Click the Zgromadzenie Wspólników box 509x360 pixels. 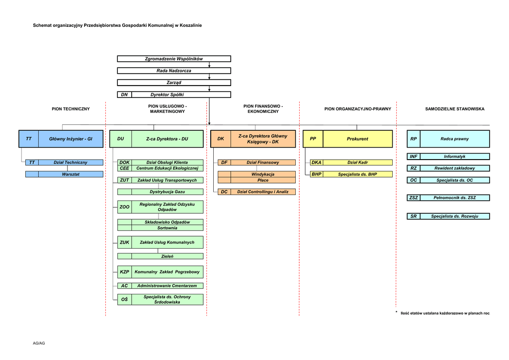[x=173, y=59]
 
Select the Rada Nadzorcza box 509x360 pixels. [x=173, y=71]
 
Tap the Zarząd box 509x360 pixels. [x=173, y=83]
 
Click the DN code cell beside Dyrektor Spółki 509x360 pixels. [x=124, y=94]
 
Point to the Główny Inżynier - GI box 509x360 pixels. [x=71, y=139]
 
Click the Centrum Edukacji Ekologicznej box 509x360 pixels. [x=167, y=169]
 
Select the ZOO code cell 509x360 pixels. [x=124, y=207]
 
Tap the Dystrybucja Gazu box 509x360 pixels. [x=167, y=192]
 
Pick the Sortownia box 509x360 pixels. [x=167, y=228]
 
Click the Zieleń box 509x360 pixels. [x=167, y=257]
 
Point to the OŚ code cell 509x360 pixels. [x=124, y=299]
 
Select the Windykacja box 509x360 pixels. [x=262, y=175]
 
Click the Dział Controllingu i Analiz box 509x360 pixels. [x=263, y=192]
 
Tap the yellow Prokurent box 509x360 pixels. [x=357, y=139]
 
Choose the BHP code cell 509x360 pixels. [x=316, y=175]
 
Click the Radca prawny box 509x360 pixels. [x=454, y=139]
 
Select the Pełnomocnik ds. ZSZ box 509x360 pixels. [x=454, y=198]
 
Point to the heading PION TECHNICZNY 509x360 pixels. [x=71, y=109]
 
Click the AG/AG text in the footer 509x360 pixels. [x=39, y=344]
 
